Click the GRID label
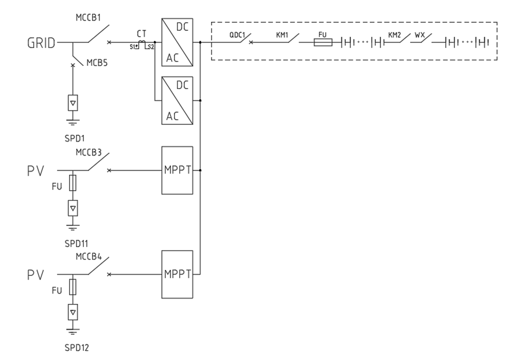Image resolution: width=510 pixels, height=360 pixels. click(x=41, y=44)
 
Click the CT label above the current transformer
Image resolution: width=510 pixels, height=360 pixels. click(x=141, y=33)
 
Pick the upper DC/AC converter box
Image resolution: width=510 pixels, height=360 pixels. click(x=177, y=42)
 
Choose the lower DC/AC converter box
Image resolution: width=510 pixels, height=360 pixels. click(x=177, y=100)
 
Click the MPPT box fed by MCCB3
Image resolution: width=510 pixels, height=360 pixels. click(x=177, y=170)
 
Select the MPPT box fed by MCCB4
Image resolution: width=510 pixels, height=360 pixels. click(x=177, y=274)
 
